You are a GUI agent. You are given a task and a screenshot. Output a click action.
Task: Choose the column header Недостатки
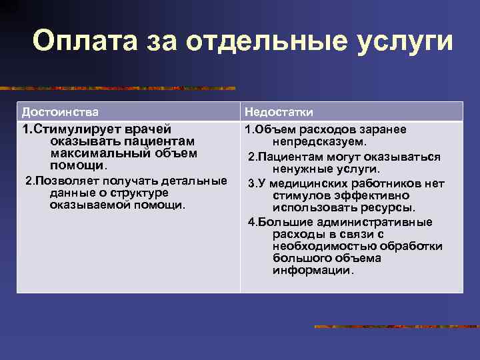(x=279, y=112)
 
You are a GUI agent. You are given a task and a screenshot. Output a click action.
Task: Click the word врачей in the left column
(x=148, y=129)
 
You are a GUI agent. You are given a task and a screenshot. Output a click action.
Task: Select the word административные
(x=378, y=222)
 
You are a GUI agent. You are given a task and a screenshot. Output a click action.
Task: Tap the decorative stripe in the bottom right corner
(x=396, y=327)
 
